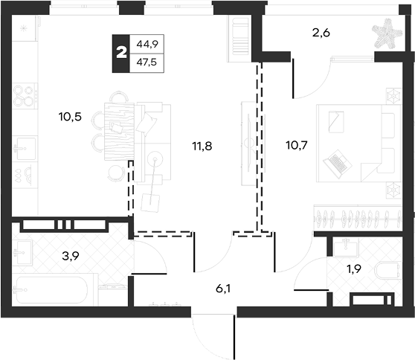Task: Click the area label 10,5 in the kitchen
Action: click(x=70, y=117)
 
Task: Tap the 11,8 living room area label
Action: click(x=202, y=146)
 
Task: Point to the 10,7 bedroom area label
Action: click(x=297, y=145)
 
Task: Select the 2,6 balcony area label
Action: click(x=321, y=33)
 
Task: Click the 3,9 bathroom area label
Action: click(x=71, y=256)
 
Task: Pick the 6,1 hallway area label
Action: click(x=223, y=289)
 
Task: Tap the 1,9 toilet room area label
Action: click(x=354, y=269)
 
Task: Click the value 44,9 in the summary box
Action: click(x=147, y=44)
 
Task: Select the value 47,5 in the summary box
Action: click(x=147, y=62)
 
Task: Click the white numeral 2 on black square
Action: click(x=121, y=54)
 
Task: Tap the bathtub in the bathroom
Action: click(x=51, y=290)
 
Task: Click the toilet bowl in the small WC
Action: click(x=387, y=271)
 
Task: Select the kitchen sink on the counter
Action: click(x=25, y=148)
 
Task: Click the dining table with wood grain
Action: click(x=119, y=132)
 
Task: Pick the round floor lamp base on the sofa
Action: click(x=155, y=159)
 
